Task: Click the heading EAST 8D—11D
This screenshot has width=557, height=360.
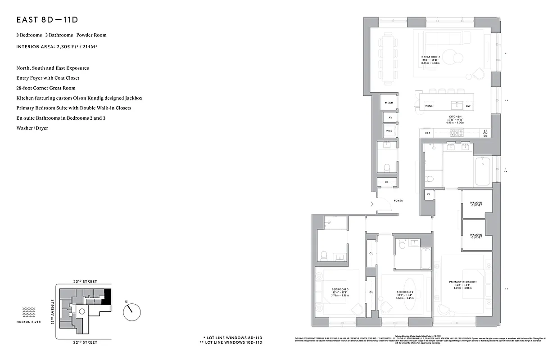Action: [48, 20]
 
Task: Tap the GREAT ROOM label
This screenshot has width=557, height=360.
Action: [430, 57]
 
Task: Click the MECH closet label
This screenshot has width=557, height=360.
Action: [389, 103]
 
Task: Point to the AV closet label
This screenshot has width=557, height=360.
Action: [390, 118]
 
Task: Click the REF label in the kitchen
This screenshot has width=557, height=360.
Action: [428, 133]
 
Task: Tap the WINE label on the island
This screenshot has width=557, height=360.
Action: [429, 106]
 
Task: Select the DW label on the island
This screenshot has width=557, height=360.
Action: [468, 106]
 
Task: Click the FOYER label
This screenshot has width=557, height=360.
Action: [398, 201]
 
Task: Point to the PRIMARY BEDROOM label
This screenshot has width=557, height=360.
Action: [462, 282]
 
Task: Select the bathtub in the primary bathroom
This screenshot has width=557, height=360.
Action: [483, 171]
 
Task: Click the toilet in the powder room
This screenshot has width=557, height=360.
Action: [386, 168]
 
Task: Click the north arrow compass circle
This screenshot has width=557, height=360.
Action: [132, 310]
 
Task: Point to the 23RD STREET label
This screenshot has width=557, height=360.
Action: [85, 281]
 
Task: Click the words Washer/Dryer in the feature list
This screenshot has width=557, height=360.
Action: [32, 128]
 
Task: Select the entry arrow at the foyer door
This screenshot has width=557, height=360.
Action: [371, 204]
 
